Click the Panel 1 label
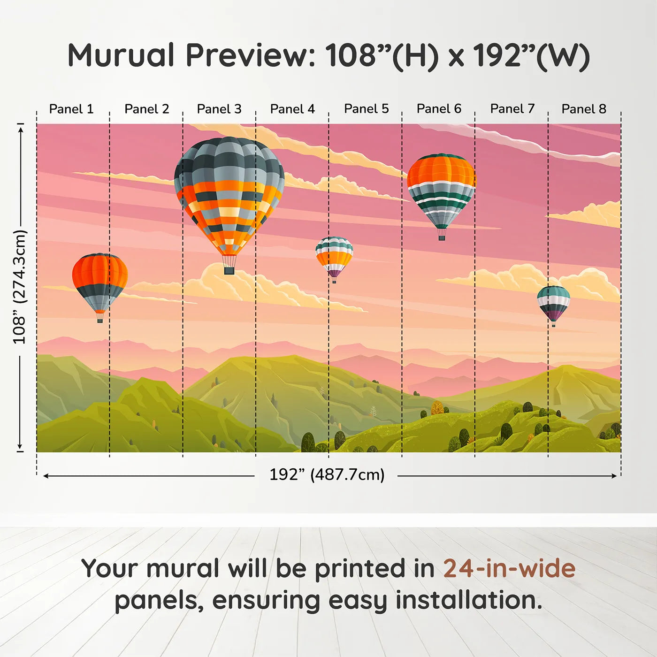click(x=71, y=109)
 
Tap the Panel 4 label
click(x=292, y=109)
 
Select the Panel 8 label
click(x=584, y=109)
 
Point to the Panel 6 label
click(x=439, y=109)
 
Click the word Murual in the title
click(x=121, y=55)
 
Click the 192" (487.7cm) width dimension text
click(x=327, y=474)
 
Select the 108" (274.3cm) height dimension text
click(x=20, y=287)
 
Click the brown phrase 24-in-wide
click(x=509, y=568)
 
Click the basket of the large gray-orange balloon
click(x=229, y=270)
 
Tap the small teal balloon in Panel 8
click(x=554, y=303)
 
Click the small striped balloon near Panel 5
click(x=334, y=256)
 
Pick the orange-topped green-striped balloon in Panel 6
click(x=441, y=190)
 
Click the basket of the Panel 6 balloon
click(x=442, y=237)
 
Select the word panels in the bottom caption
click(x=159, y=600)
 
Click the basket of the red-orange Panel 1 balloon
click(x=100, y=320)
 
